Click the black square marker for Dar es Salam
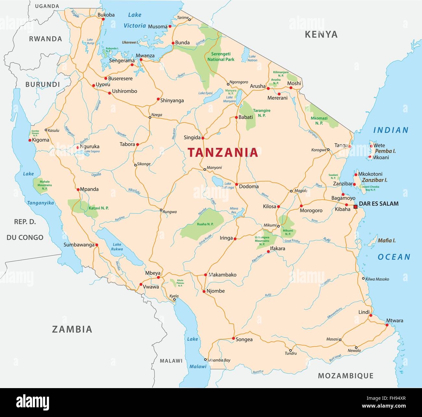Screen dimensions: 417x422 tap(355, 207)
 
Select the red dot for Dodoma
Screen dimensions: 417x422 tap(237, 184)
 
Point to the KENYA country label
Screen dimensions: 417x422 tap(321, 34)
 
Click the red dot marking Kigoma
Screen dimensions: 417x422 tap(30, 140)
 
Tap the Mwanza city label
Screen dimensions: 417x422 tap(145, 55)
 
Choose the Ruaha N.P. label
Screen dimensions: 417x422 tap(205, 224)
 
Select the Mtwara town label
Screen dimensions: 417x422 tap(394, 321)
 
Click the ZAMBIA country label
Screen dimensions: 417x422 tap(72, 329)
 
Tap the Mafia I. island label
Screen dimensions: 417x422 tap(386, 241)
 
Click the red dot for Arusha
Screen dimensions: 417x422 tap(268, 88)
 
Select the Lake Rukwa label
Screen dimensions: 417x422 tap(117, 247)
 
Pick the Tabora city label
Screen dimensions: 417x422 tap(127, 144)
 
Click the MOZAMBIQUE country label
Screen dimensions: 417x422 tap(345, 376)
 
